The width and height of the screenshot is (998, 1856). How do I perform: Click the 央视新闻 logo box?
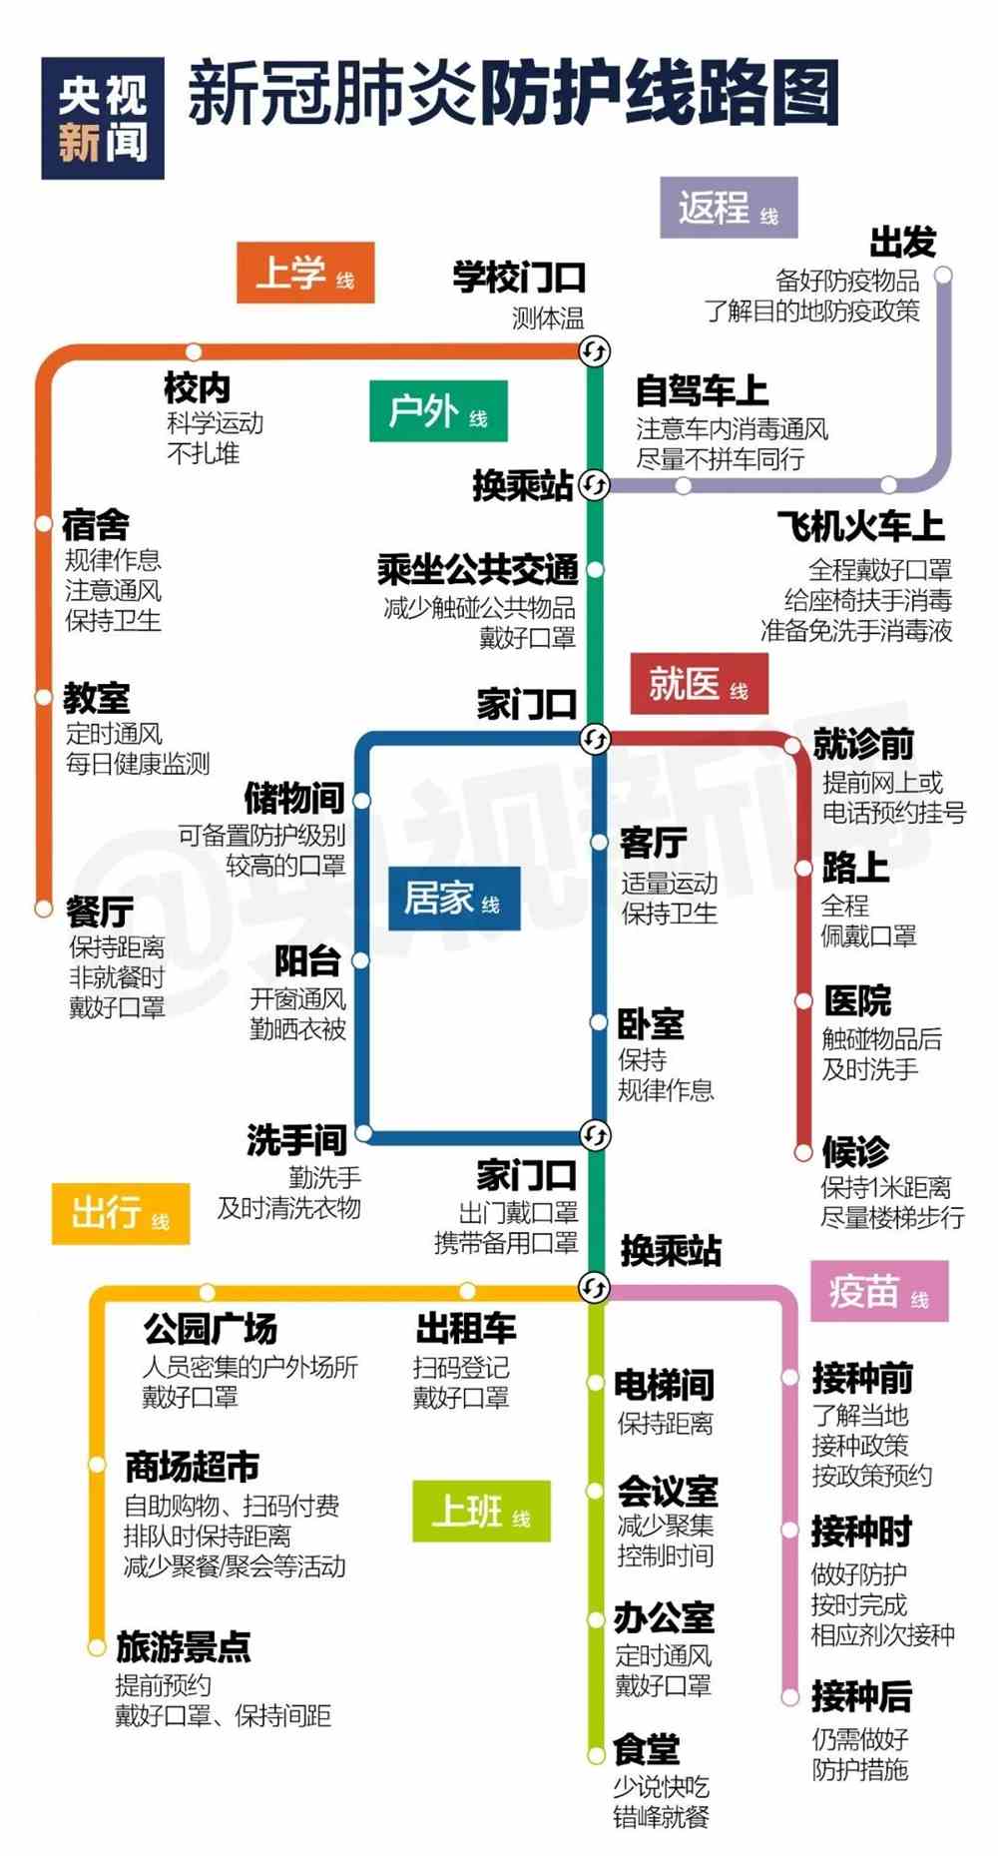pos(103,118)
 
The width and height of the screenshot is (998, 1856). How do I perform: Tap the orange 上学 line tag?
pos(305,273)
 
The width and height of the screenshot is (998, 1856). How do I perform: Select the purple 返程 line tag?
pos(729,208)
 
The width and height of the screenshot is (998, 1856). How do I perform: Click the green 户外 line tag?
pos(438,410)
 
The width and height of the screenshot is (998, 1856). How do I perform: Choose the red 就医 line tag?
pos(699,684)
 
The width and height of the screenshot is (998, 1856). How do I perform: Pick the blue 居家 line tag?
pos(453,899)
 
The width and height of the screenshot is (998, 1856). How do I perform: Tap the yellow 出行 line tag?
pos(121,1213)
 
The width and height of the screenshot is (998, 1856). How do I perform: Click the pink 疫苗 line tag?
pos(879,1291)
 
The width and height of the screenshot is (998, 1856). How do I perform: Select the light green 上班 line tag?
pos(481,1511)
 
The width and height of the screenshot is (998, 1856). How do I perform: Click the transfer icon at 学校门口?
pos(595,350)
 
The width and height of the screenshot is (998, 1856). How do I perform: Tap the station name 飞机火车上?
pos(861,526)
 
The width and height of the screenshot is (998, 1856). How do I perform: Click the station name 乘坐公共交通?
pos(478,569)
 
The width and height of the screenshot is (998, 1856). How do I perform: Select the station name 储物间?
pos(295,798)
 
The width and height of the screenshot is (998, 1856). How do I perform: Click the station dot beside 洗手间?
pos(364,1133)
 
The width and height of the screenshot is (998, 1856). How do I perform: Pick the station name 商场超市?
pos(193,1467)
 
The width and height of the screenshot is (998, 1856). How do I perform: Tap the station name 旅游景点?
pos(184,1647)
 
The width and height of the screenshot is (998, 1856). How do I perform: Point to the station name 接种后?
pos(862,1696)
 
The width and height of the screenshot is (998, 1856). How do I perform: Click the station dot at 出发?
pos(943,275)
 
